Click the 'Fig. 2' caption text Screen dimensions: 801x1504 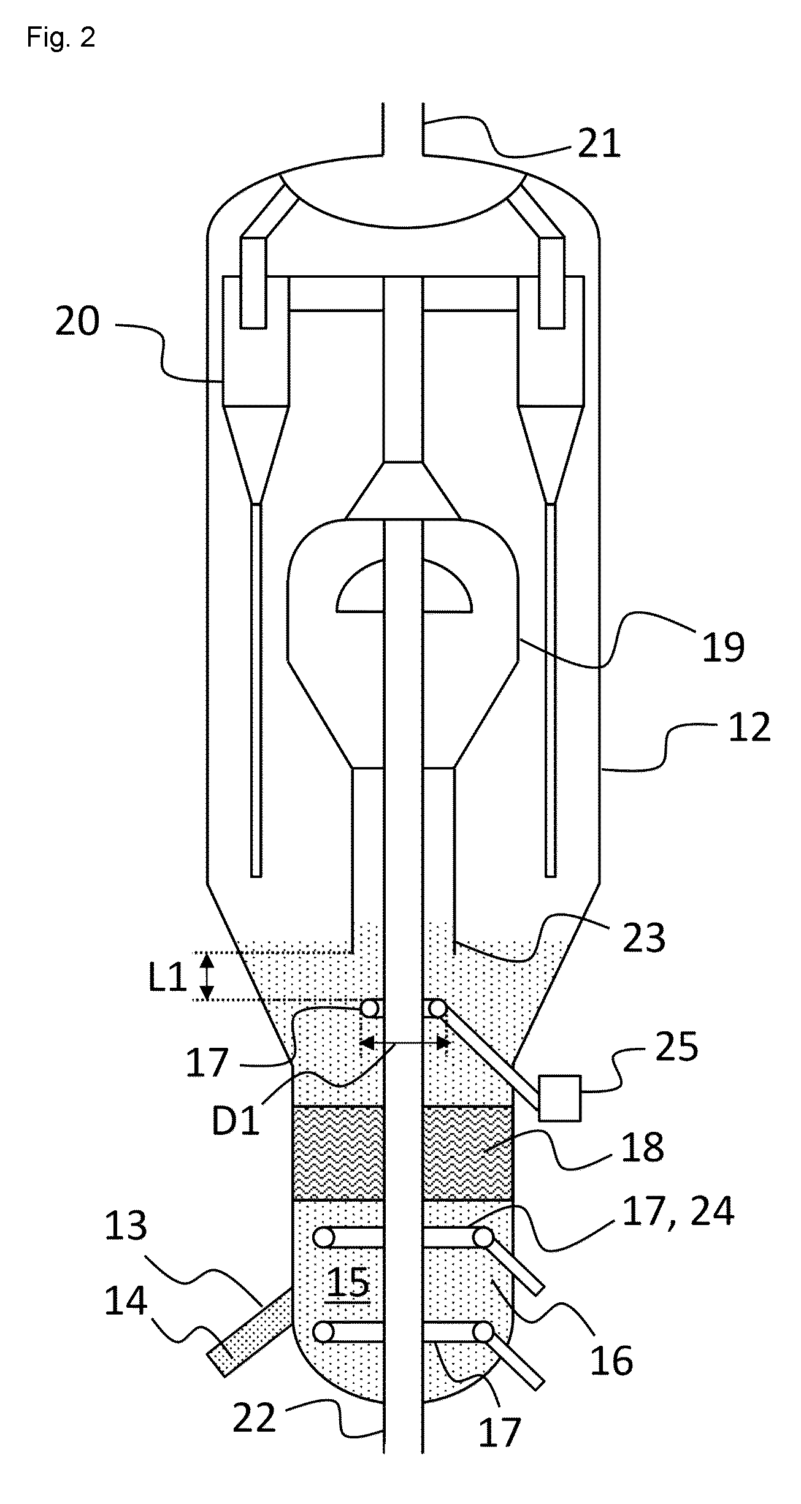61,38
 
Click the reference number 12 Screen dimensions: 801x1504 749,727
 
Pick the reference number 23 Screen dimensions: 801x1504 644,938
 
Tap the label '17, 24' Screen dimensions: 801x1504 677,1212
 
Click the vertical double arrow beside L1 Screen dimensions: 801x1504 208,977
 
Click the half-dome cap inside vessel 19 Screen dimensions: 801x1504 405,586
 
